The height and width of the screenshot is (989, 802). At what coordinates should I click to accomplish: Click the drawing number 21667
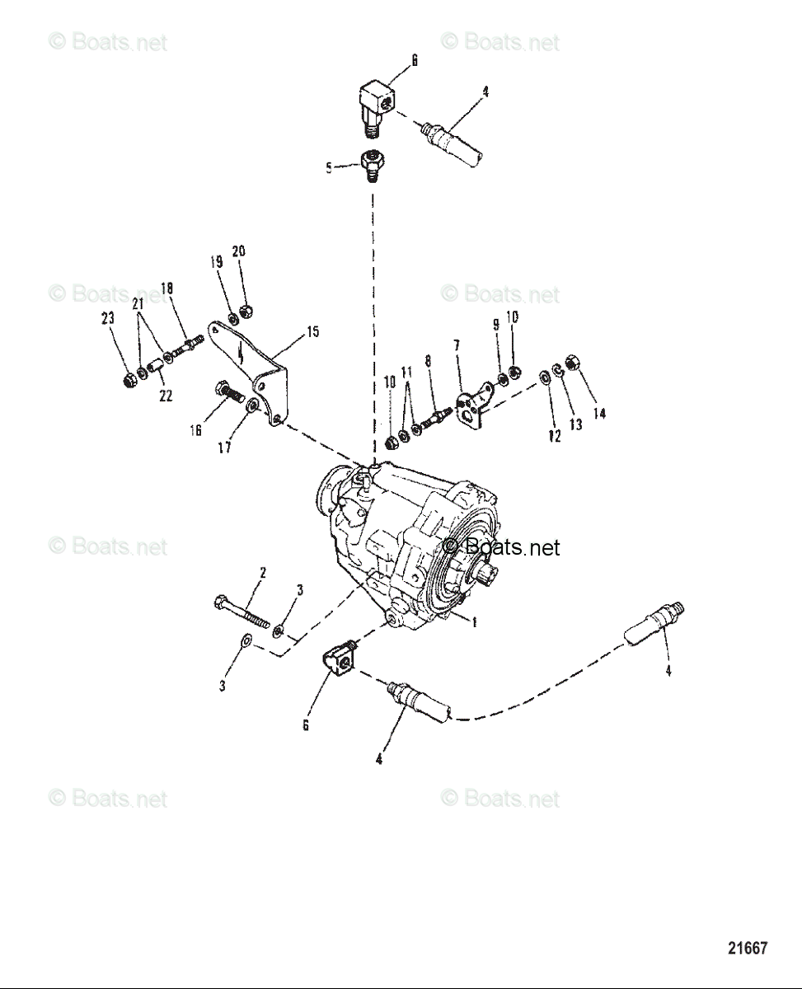pyautogui.click(x=748, y=948)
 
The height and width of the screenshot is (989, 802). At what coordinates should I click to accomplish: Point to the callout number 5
pyautogui.click(x=329, y=168)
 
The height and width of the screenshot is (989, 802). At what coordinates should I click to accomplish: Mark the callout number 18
pyautogui.click(x=166, y=288)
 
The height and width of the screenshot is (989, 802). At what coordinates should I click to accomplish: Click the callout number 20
pyautogui.click(x=238, y=251)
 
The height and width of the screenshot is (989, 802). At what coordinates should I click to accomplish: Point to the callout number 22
pyautogui.click(x=166, y=396)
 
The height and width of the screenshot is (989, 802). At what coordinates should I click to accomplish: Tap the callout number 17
pyautogui.click(x=224, y=448)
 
